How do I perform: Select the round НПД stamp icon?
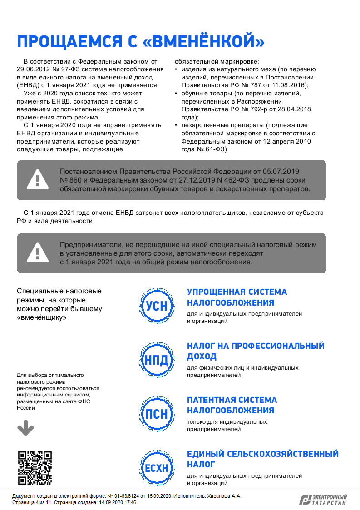click(x=156, y=360)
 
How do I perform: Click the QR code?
click(x=35, y=468)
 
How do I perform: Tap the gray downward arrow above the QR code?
click(x=25, y=428)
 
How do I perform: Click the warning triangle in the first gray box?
click(x=38, y=180)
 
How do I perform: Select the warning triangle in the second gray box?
click(x=38, y=253)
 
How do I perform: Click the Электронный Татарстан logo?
click(x=323, y=500)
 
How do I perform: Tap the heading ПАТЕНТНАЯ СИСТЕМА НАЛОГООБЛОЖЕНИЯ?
click(x=232, y=405)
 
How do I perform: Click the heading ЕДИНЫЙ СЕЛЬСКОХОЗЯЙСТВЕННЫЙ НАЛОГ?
click(x=263, y=459)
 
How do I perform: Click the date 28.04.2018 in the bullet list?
click(x=295, y=109)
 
